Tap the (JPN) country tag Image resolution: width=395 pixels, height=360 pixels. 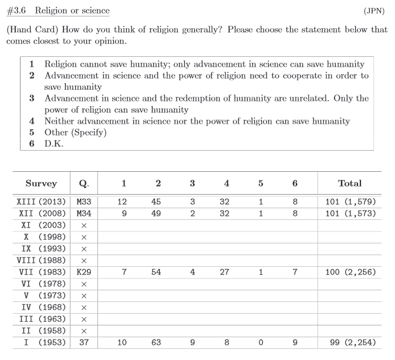tap(375, 11)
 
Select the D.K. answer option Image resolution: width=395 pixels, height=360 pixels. tap(54, 144)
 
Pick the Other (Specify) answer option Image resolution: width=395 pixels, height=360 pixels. tap(75, 133)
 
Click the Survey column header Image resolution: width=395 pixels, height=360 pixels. tap(41, 184)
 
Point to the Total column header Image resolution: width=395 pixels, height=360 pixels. tap(350, 184)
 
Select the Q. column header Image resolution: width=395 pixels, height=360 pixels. tap(83, 184)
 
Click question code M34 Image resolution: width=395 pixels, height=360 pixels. tap(83, 213)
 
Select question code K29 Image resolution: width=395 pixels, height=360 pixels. tap(83, 272)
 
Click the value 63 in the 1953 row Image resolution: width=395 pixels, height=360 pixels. tap(156, 342)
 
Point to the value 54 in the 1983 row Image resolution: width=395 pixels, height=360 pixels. tap(156, 272)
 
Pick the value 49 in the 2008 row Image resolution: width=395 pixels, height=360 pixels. tap(156, 213)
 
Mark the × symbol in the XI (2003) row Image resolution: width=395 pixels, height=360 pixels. tap(83, 225)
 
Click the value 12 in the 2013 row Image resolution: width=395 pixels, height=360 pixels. tap(122, 202)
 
